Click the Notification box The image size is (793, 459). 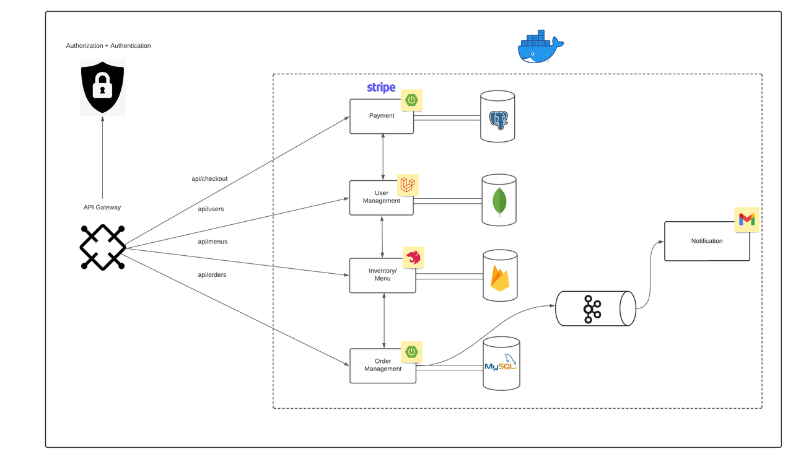click(706, 241)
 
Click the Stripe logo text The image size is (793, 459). click(381, 87)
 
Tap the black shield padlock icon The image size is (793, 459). click(102, 87)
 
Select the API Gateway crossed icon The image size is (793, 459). click(103, 247)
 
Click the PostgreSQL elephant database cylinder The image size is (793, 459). click(498, 117)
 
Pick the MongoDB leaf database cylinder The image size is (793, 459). click(499, 200)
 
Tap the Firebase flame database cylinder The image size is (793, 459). click(500, 276)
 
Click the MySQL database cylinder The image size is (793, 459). click(501, 363)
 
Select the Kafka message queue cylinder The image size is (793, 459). click(595, 308)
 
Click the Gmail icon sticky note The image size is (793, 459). click(747, 219)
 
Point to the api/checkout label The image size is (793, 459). click(209, 179)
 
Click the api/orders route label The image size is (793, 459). click(212, 274)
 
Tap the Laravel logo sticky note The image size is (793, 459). click(408, 184)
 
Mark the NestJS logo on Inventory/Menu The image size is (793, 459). click(413, 257)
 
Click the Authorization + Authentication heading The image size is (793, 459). click(108, 46)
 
